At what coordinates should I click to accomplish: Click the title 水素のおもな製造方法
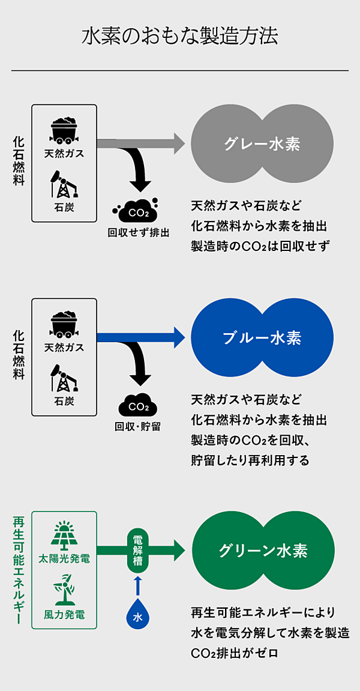[180, 38]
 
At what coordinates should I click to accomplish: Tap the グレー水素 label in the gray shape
[262, 143]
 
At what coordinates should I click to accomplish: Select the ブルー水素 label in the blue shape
[262, 337]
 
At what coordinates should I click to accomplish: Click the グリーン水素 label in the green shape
[263, 551]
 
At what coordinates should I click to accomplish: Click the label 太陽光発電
[64, 560]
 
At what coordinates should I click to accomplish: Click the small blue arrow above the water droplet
[138, 585]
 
